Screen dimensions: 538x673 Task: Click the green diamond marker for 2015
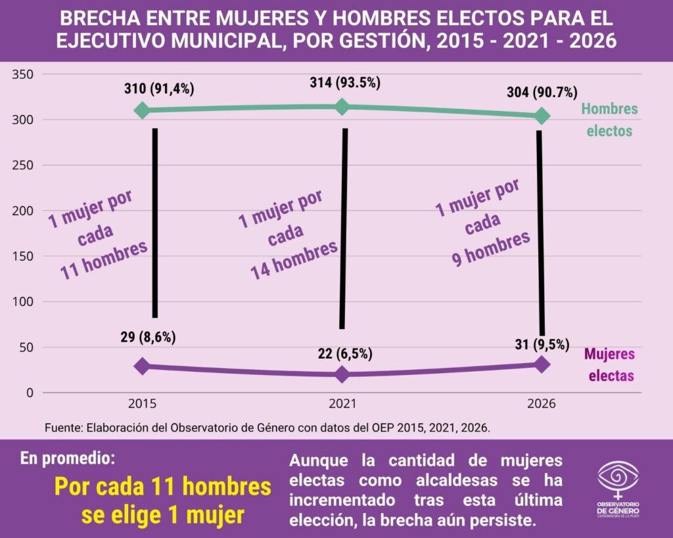142,110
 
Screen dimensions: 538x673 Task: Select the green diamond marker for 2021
342,107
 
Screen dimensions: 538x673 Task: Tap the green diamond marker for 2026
542,116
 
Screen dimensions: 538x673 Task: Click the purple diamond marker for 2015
142,367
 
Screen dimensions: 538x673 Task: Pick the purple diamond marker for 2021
342,374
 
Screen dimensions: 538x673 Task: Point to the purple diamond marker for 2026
542,365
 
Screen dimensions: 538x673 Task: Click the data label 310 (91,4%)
159,88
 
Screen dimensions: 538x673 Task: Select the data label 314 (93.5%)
345,83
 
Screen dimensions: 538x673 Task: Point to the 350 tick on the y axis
24,74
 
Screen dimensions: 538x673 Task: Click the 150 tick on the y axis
24,256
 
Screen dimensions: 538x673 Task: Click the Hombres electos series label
609,120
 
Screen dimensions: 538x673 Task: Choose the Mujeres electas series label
611,365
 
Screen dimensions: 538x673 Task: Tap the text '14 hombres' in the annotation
294,258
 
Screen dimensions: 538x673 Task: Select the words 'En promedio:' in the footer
71,458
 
